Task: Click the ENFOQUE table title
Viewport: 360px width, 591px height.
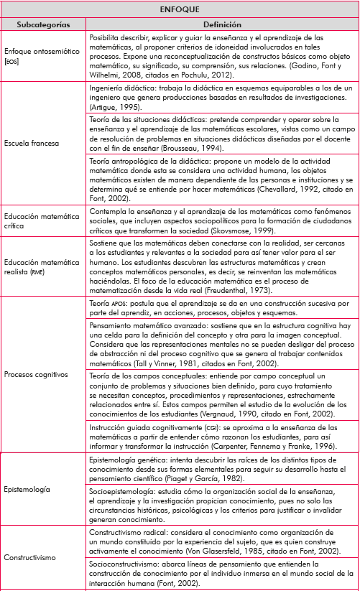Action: [180, 10]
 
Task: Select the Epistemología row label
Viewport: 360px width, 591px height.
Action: [27, 489]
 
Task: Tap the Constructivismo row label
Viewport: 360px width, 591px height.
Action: [30, 557]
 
